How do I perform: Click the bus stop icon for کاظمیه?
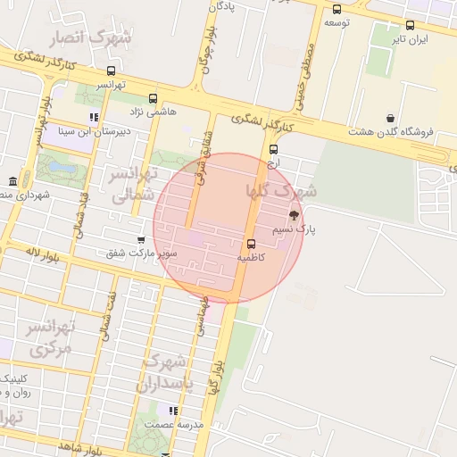(x=249, y=243)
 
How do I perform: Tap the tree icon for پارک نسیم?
(x=294, y=215)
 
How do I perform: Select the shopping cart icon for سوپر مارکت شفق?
(x=141, y=239)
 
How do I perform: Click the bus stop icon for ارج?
(x=273, y=149)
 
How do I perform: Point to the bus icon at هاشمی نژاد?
(x=153, y=98)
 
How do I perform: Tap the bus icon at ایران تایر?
(x=410, y=25)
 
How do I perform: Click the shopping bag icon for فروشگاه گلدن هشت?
(x=390, y=118)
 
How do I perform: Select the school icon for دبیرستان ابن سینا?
(x=93, y=117)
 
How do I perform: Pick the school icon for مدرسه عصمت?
(x=173, y=411)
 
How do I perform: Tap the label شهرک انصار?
(x=93, y=37)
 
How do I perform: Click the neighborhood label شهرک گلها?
(x=280, y=191)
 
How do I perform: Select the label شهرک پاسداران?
(x=163, y=373)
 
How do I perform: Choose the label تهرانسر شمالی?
(x=131, y=185)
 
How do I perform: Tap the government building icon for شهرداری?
(x=12, y=181)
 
